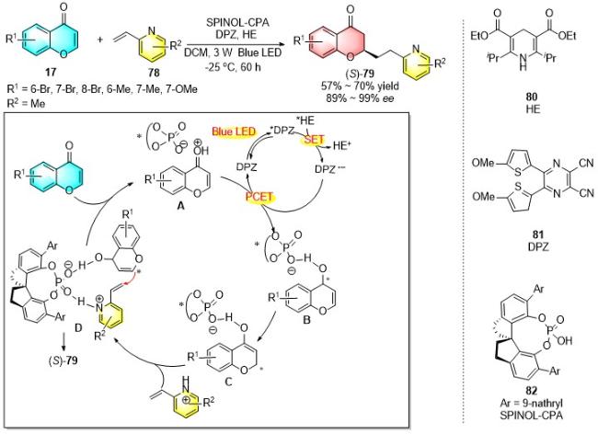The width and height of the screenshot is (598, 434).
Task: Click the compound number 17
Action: (x=51, y=71)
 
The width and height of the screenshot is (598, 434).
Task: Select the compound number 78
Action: (x=154, y=73)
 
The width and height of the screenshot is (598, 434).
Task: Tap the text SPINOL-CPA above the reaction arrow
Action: (x=237, y=23)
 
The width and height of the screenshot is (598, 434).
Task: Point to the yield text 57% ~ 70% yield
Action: (x=360, y=86)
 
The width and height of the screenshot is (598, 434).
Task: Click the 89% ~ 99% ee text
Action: (x=360, y=98)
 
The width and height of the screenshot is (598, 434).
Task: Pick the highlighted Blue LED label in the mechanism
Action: (x=234, y=131)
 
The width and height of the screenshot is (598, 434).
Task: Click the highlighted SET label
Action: (x=314, y=140)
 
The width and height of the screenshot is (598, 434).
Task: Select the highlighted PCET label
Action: (x=259, y=197)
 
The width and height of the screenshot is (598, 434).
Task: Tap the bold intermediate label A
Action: (x=180, y=206)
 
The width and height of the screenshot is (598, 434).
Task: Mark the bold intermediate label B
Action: (x=306, y=320)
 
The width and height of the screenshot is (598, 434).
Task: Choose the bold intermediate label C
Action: (x=228, y=382)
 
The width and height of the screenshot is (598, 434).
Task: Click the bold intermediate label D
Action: (x=78, y=327)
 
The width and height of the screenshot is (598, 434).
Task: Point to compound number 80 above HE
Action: (x=532, y=97)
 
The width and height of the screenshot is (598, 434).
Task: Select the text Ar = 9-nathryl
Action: (x=531, y=403)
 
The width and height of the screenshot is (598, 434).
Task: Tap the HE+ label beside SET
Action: (x=341, y=145)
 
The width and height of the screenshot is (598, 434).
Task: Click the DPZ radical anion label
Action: (x=329, y=169)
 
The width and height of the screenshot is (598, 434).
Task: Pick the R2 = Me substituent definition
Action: (x=26, y=103)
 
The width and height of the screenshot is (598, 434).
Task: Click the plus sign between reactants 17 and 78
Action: (x=100, y=40)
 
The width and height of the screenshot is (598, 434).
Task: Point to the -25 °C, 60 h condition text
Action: (x=233, y=67)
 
